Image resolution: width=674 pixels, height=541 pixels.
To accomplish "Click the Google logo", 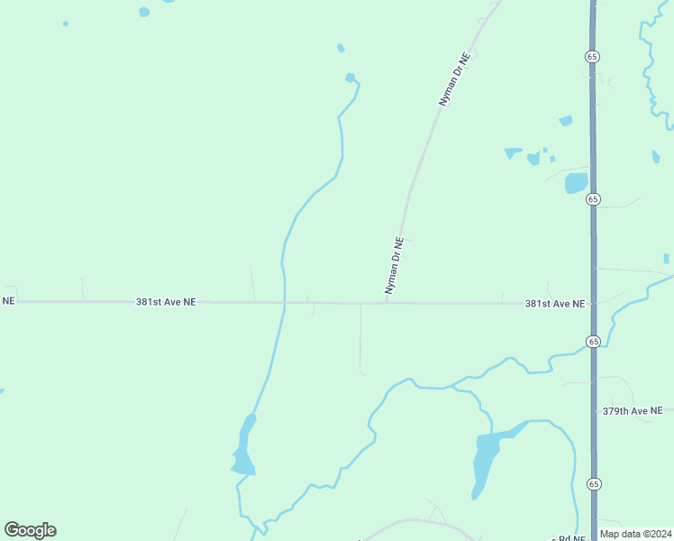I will [x=30, y=530].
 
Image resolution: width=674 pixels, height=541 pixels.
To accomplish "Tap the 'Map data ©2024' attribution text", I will [x=635, y=534].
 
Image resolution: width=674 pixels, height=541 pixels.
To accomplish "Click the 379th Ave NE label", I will [x=632, y=411].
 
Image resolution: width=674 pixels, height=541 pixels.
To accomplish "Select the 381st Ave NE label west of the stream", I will [x=166, y=303].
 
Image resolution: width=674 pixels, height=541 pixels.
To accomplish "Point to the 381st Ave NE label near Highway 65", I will [x=555, y=305].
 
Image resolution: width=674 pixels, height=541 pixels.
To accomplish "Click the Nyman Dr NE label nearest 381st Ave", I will [x=394, y=266].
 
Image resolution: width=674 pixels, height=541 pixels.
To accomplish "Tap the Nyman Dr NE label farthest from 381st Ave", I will [x=455, y=80].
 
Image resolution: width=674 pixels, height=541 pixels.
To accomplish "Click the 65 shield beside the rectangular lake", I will [x=593, y=199].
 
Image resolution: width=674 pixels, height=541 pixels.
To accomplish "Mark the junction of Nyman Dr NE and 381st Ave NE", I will [x=387, y=303].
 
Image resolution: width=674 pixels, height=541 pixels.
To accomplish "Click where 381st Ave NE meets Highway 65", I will [x=593, y=304].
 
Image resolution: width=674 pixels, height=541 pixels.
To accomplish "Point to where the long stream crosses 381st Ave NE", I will [x=284, y=303].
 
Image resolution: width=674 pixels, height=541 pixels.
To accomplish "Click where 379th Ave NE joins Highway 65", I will [x=594, y=410].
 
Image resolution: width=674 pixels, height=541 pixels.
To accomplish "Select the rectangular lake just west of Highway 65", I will [x=576, y=183].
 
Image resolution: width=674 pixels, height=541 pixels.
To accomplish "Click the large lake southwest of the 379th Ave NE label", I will [x=486, y=460].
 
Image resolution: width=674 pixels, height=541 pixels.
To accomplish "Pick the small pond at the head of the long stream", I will [x=350, y=78].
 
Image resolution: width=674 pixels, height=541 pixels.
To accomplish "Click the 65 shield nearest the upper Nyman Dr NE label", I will [x=592, y=56].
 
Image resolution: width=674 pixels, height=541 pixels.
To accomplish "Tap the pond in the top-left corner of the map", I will [x=144, y=12].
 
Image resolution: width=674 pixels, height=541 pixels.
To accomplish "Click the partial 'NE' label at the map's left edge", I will [x=8, y=300].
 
